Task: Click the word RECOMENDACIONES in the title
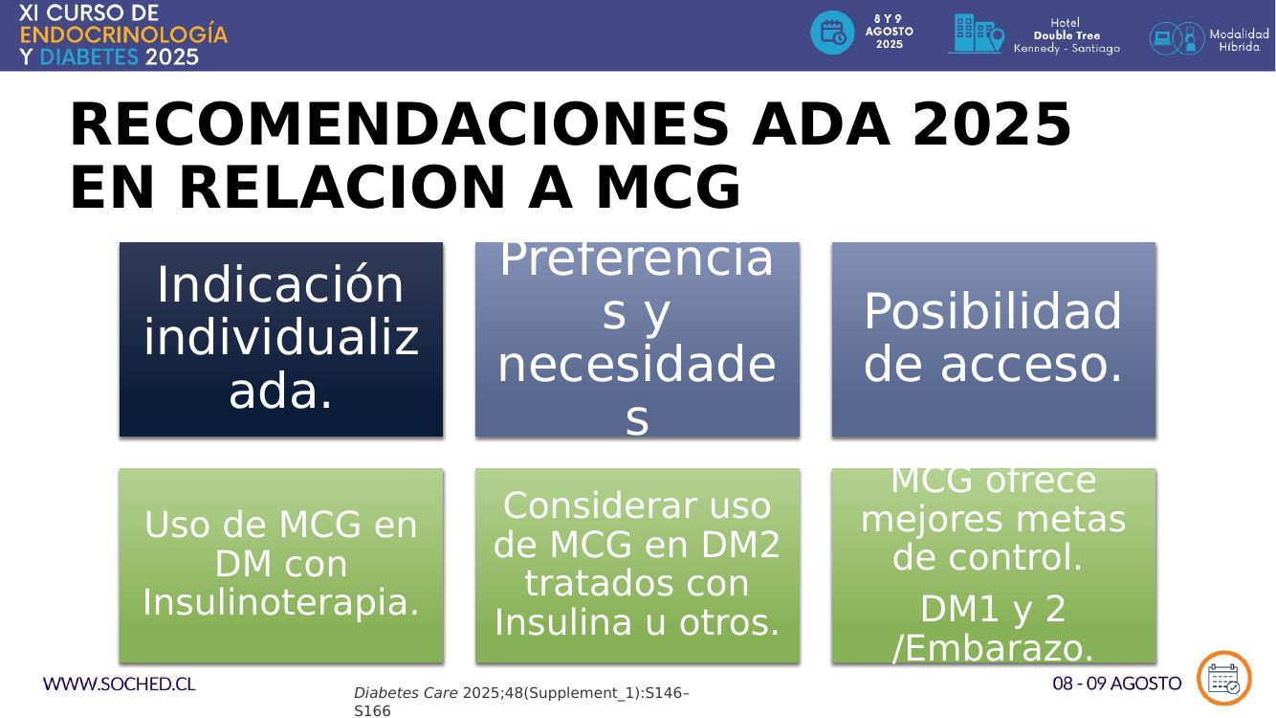(x=399, y=124)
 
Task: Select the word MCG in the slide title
(x=669, y=187)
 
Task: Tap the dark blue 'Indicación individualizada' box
(x=281, y=339)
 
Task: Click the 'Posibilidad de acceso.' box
(x=994, y=339)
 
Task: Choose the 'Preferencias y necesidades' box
(x=637, y=339)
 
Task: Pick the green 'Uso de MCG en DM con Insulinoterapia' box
(x=281, y=566)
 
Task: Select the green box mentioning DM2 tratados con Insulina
(x=637, y=566)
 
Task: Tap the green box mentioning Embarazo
(x=994, y=566)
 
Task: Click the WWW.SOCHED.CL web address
(x=119, y=684)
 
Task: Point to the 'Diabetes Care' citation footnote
(x=521, y=702)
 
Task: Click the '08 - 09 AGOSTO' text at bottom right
(x=1116, y=684)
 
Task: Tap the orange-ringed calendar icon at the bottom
(x=1223, y=678)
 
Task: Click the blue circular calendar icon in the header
(x=832, y=33)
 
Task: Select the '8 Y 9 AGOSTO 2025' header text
(x=890, y=32)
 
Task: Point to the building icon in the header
(x=977, y=34)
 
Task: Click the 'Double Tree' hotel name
(x=1067, y=35)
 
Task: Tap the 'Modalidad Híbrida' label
(x=1239, y=40)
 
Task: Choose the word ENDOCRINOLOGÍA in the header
(x=123, y=34)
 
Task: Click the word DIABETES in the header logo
(x=89, y=57)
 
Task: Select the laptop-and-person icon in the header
(x=1177, y=38)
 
